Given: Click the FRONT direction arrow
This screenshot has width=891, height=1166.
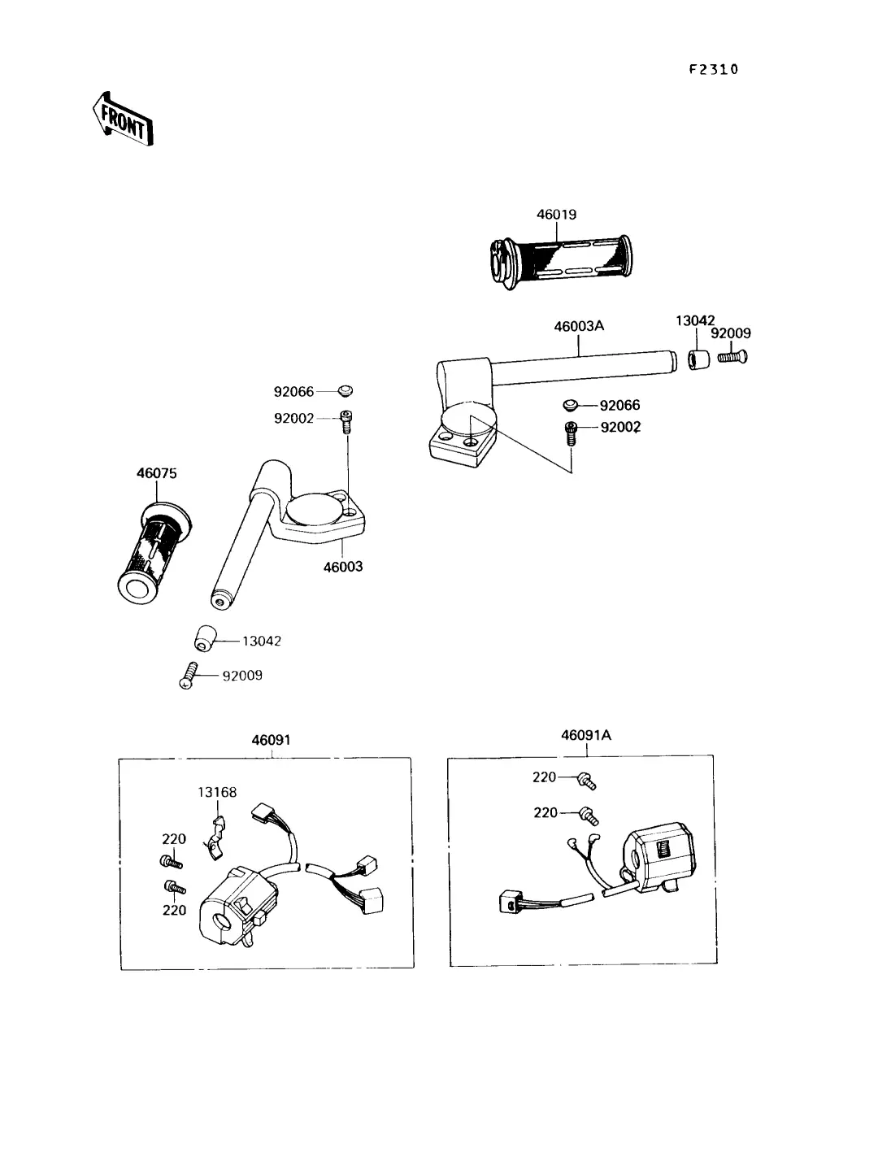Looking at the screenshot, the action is [x=124, y=119].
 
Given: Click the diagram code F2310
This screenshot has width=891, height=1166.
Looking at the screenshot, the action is [x=714, y=70].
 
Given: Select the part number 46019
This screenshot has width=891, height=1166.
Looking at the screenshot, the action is [x=556, y=215].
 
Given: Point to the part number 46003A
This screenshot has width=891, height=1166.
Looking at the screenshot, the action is [x=579, y=326].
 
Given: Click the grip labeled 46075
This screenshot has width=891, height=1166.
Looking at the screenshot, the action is [x=154, y=553].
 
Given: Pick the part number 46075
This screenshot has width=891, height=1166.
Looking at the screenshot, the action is [x=157, y=473].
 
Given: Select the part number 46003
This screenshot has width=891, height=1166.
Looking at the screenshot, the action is [x=343, y=567].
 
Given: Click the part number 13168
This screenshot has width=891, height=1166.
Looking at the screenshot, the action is [x=216, y=792].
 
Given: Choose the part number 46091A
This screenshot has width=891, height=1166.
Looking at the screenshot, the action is [x=586, y=735].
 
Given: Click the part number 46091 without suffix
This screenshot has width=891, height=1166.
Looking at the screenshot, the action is [x=271, y=740].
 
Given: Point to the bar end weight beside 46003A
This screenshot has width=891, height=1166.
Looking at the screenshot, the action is [x=699, y=359].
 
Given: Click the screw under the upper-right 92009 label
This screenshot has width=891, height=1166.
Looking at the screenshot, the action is [x=732, y=356].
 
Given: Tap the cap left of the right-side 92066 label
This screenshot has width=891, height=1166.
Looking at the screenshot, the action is [x=571, y=405].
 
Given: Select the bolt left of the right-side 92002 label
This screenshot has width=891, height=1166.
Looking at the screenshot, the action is [x=571, y=433].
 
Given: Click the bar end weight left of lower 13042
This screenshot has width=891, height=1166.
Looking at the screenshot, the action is [x=205, y=639].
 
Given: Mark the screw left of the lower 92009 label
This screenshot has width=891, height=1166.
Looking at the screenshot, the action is [x=188, y=676].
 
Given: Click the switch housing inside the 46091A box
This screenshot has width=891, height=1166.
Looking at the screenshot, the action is [x=658, y=857].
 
